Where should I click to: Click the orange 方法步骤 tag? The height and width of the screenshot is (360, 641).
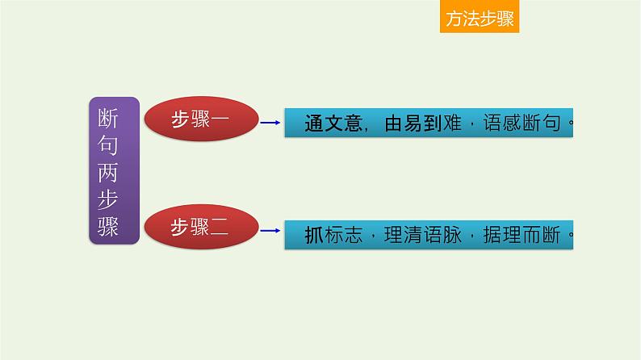pos(480,18)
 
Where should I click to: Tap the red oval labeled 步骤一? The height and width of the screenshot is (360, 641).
pos(200,120)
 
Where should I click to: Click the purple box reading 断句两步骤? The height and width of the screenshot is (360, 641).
pos(113,171)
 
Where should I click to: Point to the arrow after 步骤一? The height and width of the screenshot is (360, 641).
pos(270,123)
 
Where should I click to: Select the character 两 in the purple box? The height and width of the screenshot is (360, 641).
pos(113,171)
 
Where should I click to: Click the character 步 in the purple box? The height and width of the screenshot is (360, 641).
pos(113,199)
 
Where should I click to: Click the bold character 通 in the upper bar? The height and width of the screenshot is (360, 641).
pos(315,125)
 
